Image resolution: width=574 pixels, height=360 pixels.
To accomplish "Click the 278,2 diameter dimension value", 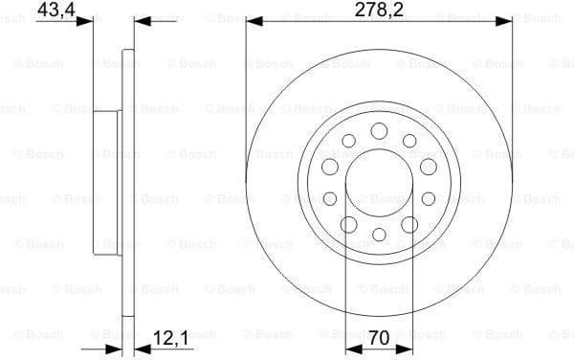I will (379, 13).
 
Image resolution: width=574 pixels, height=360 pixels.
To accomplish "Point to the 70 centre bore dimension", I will (379, 338).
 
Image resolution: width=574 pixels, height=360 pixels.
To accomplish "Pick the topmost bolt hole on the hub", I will (378, 130).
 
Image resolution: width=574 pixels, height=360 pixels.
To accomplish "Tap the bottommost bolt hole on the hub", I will (378, 235).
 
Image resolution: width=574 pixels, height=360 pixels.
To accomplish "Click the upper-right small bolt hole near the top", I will (409, 141).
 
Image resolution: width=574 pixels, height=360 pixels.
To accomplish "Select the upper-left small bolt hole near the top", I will (347, 141).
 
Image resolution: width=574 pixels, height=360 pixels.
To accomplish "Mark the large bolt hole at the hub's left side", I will (329, 167).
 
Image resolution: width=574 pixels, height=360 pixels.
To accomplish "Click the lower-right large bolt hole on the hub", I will (409, 224).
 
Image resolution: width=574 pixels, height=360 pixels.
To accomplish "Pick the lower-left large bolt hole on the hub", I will (347, 224).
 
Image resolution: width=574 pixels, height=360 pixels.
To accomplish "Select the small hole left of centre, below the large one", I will (329, 198).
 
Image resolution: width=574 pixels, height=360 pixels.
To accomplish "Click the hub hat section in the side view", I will (105, 182).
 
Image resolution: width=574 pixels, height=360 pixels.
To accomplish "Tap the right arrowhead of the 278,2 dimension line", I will (506, 20).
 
